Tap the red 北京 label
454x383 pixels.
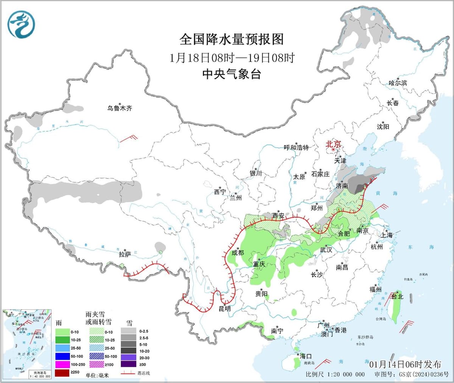tap(333, 144)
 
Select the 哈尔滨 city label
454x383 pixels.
tap(398, 83)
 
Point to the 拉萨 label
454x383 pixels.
tap(125, 254)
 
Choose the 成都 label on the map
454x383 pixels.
tap(238, 253)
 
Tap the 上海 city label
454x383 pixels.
tap(387, 235)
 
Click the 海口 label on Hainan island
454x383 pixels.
tap(306, 356)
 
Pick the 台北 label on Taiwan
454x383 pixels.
tap(397, 297)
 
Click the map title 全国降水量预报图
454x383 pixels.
tap(231, 39)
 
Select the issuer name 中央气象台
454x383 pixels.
tap(231, 74)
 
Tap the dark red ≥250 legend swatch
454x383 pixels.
tap(62, 372)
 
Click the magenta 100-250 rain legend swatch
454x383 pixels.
tap(62, 364)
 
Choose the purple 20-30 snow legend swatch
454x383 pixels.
tap(129, 358)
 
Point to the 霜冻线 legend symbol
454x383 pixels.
tap(129, 373)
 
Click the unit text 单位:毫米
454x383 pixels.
tap(97, 375)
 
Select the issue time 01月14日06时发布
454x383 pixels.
tap(405, 364)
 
